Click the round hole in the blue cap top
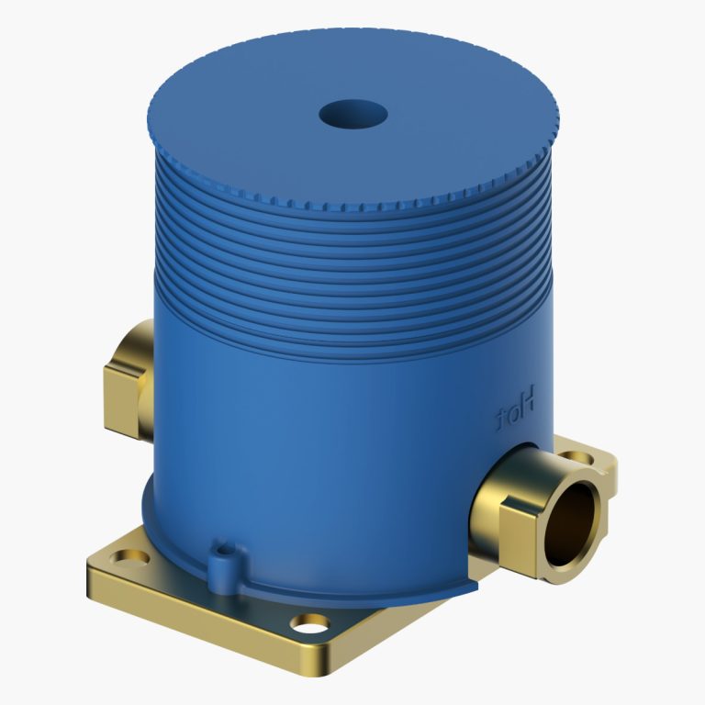[353, 114]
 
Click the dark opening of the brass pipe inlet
[572, 524]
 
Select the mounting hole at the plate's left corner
[129, 556]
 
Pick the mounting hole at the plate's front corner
[309, 623]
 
